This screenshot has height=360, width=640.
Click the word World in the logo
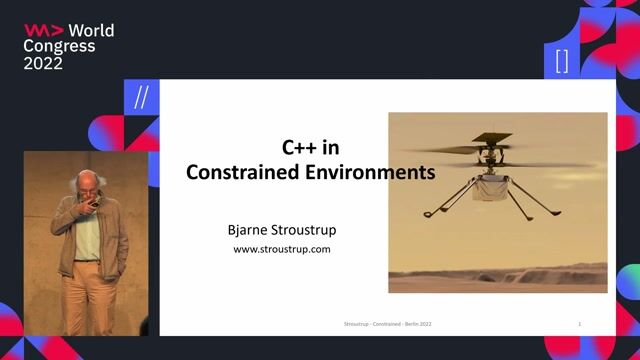tap(91, 30)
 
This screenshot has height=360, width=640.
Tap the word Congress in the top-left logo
tap(59, 46)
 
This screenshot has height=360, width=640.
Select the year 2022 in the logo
tap(43, 63)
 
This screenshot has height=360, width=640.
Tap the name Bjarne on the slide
tap(251, 229)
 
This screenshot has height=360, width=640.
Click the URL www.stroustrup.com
tap(282, 250)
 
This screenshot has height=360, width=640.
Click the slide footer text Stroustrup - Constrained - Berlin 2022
tap(387, 325)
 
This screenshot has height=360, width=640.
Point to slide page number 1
tap(580, 325)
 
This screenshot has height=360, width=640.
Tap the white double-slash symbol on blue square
tap(141, 98)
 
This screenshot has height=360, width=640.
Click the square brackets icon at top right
tap(562, 60)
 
